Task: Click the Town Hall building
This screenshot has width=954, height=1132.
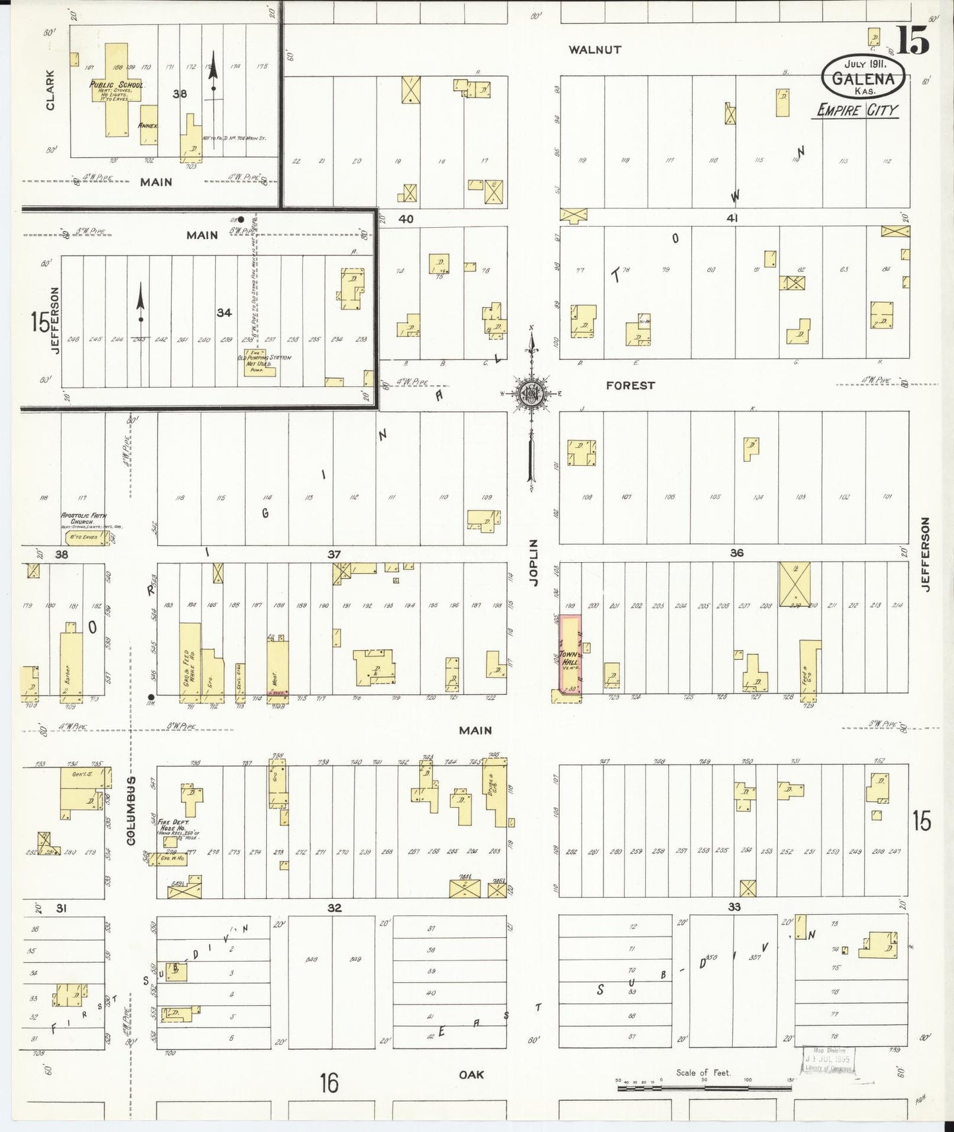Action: point(570,656)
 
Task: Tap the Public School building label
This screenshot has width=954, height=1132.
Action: point(117,85)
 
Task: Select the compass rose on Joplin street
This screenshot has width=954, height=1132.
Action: point(530,394)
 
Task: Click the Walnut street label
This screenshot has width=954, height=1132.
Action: point(596,50)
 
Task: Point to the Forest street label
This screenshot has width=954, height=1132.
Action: point(630,385)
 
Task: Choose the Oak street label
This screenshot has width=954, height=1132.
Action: point(471,1075)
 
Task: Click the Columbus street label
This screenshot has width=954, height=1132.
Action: point(131,810)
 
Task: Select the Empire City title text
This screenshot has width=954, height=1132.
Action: point(857,110)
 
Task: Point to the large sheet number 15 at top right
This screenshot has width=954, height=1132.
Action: point(913,40)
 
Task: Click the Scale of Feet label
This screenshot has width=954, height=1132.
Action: point(703,1073)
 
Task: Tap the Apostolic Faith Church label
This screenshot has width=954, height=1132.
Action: point(84,518)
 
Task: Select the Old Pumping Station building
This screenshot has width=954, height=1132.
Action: point(259,363)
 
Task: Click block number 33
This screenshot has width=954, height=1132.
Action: point(734,907)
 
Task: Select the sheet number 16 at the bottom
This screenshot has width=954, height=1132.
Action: point(329,1083)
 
